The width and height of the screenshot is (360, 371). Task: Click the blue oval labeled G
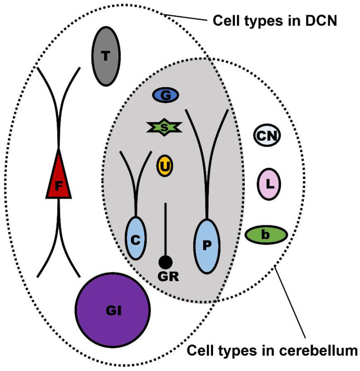pyautogui.click(x=165, y=95)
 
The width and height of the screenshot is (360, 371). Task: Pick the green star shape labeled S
pyautogui.click(x=164, y=128)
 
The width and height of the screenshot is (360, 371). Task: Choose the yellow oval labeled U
pyautogui.click(x=165, y=166)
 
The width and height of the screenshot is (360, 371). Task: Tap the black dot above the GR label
pyautogui.click(x=165, y=262)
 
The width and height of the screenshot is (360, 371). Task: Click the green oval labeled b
pyautogui.click(x=266, y=235)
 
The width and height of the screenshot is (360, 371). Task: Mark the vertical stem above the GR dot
pyautogui.click(x=165, y=229)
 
